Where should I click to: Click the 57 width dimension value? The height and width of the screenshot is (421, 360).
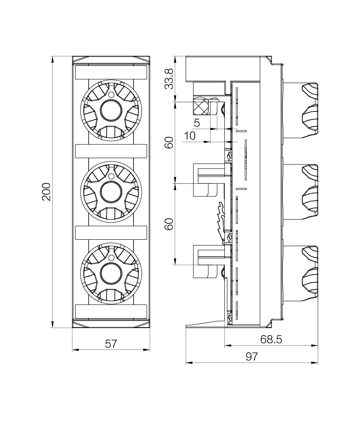pos(111,344)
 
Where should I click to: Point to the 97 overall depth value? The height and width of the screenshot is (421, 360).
pos(251,357)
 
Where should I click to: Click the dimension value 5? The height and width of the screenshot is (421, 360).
pos(197,123)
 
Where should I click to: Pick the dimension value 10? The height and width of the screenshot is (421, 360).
pos(190,135)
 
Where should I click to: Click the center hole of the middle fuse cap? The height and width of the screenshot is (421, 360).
pos(111,192)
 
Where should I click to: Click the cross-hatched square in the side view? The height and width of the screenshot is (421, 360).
pos(200,107)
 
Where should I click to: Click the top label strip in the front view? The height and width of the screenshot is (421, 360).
pos(111,72)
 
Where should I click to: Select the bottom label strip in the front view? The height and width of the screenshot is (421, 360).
pos(111,311)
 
